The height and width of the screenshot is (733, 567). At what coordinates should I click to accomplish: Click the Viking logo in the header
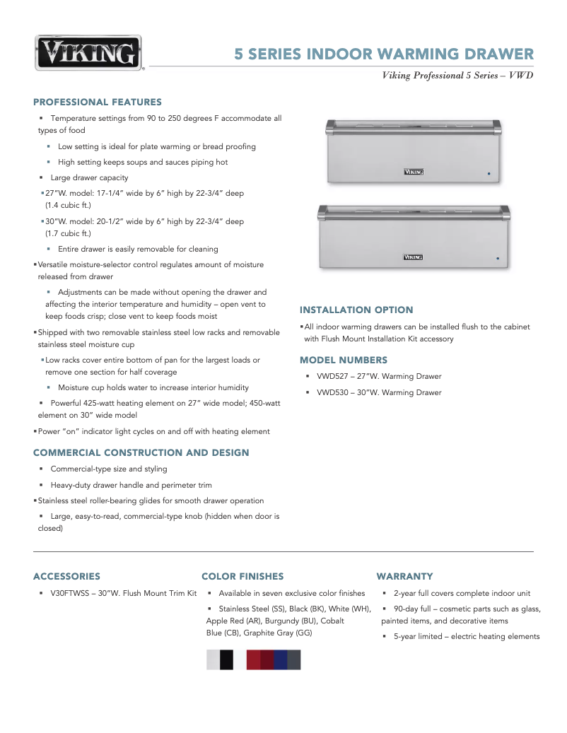tap(88, 54)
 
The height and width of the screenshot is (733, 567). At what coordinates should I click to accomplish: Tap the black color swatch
tap(226, 659)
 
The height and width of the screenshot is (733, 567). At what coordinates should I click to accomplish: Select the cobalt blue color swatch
tap(281, 659)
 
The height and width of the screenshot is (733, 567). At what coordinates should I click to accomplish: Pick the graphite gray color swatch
tap(294, 659)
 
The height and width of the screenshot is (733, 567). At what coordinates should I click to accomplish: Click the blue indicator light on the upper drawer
tap(488, 172)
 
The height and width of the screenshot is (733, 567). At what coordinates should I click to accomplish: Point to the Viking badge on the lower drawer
tap(413, 257)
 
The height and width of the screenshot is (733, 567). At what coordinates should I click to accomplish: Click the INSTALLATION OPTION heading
tap(356, 310)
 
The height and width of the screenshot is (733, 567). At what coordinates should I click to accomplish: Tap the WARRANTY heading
tap(404, 576)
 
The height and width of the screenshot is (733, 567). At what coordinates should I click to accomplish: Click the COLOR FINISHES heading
tap(242, 576)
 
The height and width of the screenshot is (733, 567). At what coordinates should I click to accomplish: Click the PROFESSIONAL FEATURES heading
tap(98, 102)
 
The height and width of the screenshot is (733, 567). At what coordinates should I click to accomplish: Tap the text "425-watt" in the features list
tap(106, 402)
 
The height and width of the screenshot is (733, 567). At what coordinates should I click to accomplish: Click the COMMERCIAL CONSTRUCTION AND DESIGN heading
tap(141, 452)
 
